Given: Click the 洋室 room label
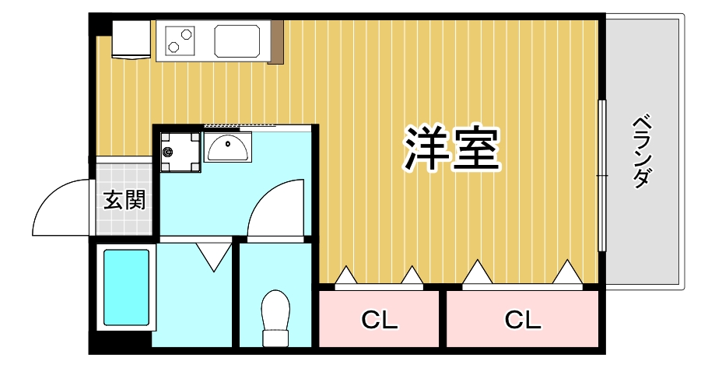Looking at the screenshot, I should click(x=450, y=149).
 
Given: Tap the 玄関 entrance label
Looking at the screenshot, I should click(x=124, y=200).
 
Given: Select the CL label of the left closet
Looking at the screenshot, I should click(x=380, y=319).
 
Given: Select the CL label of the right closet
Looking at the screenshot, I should click(x=523, y=319).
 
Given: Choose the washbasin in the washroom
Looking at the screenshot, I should click(x=228, y=145).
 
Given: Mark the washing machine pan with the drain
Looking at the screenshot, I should click(x=180, y=151).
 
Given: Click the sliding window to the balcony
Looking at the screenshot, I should click(x=601, y=175).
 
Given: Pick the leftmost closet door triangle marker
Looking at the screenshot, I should click(x=345, y=276).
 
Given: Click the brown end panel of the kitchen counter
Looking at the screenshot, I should click(x=276, y=42).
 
